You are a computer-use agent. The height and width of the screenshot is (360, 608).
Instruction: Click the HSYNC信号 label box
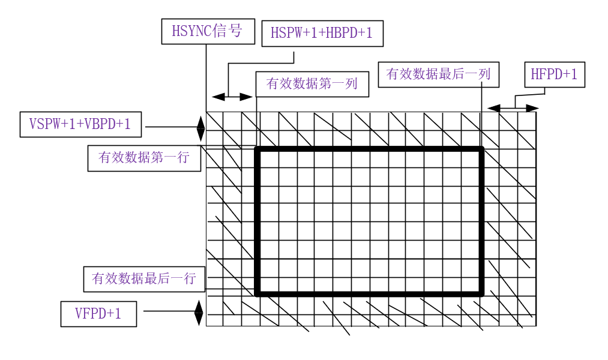click(x=208, y=31)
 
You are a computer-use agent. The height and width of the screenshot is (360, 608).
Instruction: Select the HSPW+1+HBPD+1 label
click(x=322, y=34)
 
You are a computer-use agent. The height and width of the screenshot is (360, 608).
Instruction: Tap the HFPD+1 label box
click(x=554, y=74)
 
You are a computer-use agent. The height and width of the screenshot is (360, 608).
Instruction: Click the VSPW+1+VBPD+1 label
click(x=80, y=124)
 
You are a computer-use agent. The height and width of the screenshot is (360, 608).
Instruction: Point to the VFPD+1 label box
click(x=98, y=314)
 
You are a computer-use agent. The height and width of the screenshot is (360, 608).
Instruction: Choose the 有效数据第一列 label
click(x=312, y=84)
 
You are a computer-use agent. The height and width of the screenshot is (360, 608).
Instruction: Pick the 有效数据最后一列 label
click(x=438, y=74)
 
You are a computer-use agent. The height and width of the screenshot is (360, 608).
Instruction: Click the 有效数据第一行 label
click(x=144, y=158)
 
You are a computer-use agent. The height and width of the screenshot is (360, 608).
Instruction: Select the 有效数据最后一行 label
click(x=144, y=278)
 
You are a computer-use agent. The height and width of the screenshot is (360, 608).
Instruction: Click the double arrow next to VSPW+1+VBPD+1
click(x=200, y=127)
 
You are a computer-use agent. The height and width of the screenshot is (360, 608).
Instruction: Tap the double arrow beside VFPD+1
click(x=199, y=313)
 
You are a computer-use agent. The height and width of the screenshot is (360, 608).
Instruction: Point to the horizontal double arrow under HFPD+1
click(x=513, y=108)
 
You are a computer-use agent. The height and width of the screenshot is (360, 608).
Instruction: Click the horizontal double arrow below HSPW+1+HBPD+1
click(x=233, y=97)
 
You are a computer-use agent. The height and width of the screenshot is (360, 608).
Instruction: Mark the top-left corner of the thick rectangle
click(x=257, y=148)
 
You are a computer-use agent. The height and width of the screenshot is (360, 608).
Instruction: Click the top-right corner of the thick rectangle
click(x=481, y=148)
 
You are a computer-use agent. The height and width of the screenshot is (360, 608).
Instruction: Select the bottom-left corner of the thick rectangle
click(x=257, y=294)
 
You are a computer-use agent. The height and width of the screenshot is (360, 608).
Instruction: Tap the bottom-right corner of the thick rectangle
click(x=481, y=294)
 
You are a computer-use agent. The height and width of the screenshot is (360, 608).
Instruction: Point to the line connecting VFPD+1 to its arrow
click(x=169, y=311)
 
